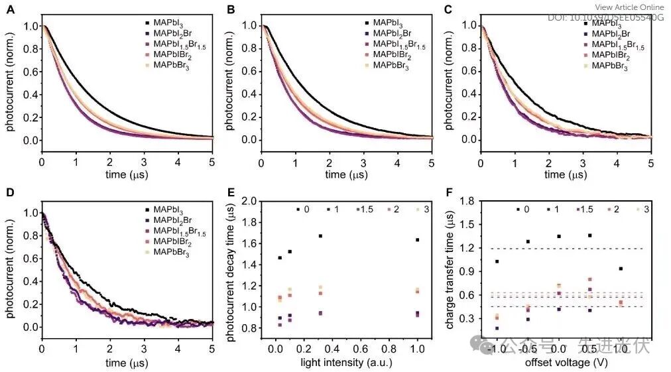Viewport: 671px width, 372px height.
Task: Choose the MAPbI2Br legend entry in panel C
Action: point(611,33)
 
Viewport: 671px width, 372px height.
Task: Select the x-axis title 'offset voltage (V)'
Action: point(562,363)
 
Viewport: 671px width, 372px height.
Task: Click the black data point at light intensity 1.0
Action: point(417,239)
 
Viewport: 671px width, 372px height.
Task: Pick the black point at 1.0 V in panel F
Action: point(621,269)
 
